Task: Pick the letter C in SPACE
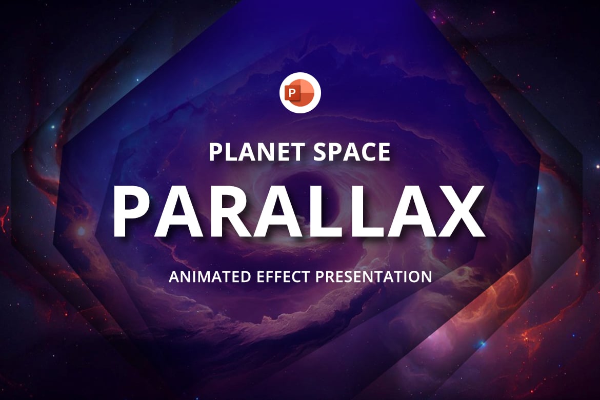tap(368, 152)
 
